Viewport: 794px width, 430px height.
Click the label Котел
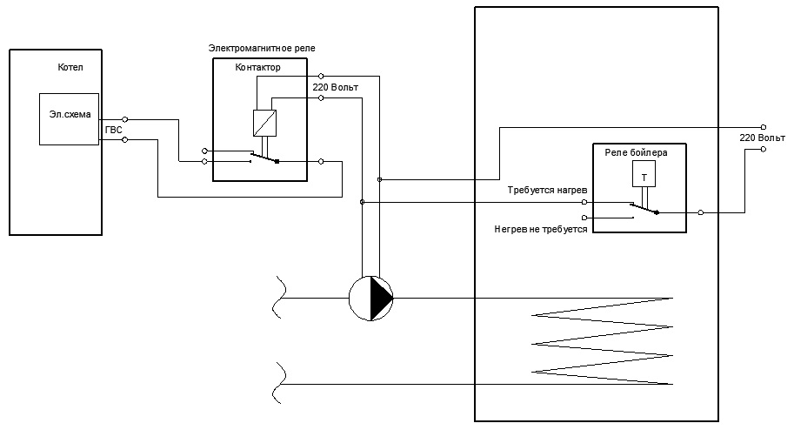coord(70,67)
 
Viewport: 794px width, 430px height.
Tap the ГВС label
coord(113,131)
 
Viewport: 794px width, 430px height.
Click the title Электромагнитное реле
coord(262,48)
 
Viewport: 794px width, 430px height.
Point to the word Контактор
coord(257,67)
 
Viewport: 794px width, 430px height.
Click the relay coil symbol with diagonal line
coord(265,124)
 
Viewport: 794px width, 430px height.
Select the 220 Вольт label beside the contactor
coord(335,87)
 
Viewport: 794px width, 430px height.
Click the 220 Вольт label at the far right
coord(762,138)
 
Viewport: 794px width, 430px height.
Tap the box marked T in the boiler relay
coord(644,173)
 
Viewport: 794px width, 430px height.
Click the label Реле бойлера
coord(636,152)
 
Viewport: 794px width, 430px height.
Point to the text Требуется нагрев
coord(547,190)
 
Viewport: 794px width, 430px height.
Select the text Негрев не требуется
coord(541,229)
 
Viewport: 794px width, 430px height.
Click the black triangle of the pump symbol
coord(381,299)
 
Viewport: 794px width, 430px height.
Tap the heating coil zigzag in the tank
coord(602,341)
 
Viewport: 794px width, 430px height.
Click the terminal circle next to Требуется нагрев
coord(584,202)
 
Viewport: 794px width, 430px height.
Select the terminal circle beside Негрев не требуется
coord(585,218)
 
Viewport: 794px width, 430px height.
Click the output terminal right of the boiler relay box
coord(701,212)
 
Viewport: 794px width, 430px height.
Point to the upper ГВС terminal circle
coord(125,119)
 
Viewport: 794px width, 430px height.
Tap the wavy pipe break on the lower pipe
coord(278,383)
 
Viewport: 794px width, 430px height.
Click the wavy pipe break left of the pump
coord(278,298)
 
